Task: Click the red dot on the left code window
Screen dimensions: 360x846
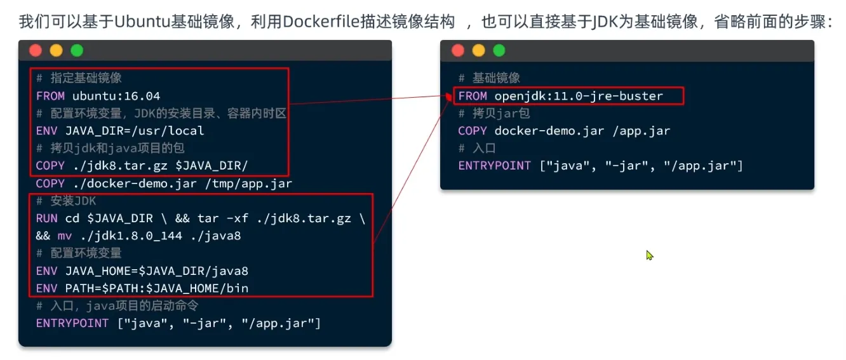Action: (36, 51)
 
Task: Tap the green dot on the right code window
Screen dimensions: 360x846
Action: (499, 51)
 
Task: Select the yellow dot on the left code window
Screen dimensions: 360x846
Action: (57, 51)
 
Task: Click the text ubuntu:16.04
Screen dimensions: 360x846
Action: (116, 97)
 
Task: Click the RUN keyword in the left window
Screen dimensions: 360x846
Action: (47, 218)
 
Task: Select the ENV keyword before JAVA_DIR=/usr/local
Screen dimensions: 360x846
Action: (47, 131)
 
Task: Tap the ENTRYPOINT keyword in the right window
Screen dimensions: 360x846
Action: (494, 166)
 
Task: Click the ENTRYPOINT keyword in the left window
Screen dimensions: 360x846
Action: (72, 324)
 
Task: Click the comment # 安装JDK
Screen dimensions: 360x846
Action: (65, 201)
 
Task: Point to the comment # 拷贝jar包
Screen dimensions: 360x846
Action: (493, 114)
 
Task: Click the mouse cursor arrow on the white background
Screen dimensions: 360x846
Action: (649, 255)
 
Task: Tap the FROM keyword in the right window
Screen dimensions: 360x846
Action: (473, 97)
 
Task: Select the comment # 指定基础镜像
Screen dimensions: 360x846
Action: (79, 79)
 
